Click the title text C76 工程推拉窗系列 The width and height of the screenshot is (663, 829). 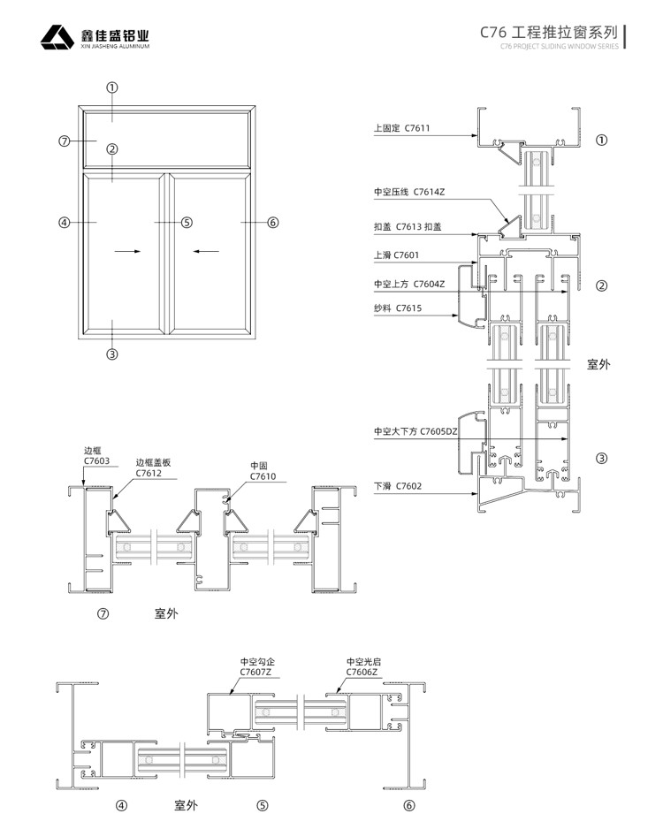coord(548,32)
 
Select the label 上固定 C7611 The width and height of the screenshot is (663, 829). coord(401,129)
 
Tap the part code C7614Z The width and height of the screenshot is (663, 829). coord(430,191)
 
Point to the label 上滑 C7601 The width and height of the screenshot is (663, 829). coord(396,255)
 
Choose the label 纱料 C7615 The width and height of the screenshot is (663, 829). coord(398,308)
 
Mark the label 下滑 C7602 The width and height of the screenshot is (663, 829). coord(397,485)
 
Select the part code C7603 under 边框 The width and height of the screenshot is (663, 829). coord(96,460)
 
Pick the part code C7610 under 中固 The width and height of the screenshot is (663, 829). coord(263,476)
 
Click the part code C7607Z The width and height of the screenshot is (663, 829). coord(256,673)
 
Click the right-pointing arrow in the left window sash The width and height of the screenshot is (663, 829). coord(127,252)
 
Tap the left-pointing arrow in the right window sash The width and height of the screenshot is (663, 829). coord(207,252)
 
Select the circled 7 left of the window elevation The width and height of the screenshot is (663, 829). coord(64,141)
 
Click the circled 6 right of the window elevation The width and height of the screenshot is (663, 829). coord(272,223)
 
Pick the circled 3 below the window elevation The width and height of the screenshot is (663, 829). coord(112,354)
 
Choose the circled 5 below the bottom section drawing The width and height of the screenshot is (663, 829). coord(262,805)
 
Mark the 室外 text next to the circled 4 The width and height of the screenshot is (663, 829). coord(186,805)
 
